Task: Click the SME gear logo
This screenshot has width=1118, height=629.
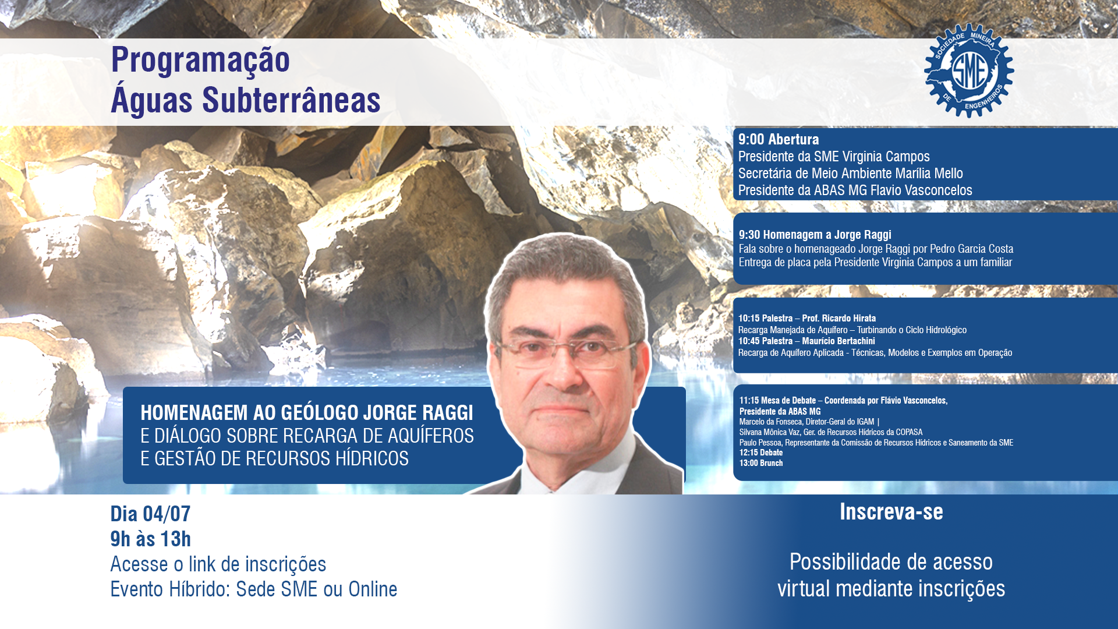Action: tap(969, 70)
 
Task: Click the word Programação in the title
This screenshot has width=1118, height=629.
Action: tap(200, 61)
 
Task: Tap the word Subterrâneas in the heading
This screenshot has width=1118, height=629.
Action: tap(291, 100)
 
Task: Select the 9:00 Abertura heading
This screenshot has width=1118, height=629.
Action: tap(779, 140)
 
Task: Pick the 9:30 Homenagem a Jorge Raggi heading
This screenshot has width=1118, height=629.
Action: tap(815, 235)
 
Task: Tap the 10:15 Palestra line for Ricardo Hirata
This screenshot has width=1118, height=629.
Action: tap(807, 318)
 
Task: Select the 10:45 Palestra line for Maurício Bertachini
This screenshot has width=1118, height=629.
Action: tap(806, 341)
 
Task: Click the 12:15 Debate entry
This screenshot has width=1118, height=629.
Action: tap(761, 453)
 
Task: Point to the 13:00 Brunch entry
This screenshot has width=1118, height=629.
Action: tap(761, 463)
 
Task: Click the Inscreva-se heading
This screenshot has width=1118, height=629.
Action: tap(891, 512)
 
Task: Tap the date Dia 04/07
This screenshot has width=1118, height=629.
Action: tap(150, 514)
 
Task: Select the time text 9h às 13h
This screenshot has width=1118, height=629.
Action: tap(150, 539)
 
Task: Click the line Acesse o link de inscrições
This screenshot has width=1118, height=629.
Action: tap(218, 564)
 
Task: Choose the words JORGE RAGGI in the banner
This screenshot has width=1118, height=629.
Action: tap(418, 413)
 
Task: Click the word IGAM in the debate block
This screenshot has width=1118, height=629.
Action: tap(865, 422)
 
